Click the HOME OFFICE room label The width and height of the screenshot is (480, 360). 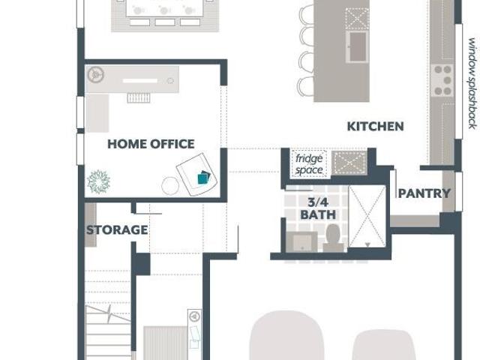151,144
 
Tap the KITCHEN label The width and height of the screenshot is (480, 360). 375,127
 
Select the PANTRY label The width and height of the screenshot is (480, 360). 424,193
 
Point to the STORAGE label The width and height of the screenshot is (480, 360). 117,230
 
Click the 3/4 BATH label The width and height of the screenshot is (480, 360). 318,208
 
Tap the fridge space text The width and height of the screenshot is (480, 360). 309,164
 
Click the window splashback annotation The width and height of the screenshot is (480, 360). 472,83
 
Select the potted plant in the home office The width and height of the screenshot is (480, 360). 98,181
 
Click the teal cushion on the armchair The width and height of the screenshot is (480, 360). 203,178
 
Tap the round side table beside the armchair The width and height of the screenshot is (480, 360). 170,185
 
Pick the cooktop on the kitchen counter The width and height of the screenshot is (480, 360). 442,81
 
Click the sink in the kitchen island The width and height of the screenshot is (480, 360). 358,46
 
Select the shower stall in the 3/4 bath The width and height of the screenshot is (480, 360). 367,216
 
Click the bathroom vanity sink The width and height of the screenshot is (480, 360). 301,241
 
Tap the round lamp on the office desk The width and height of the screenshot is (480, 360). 96,75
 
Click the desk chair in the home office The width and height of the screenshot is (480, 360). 139,98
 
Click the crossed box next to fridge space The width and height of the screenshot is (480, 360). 349,163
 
